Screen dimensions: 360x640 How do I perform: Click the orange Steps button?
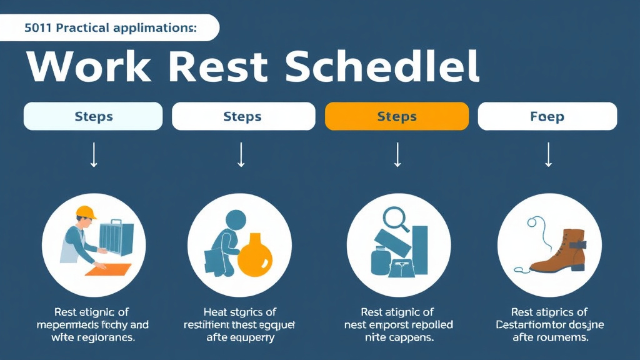click(x=397, y=116)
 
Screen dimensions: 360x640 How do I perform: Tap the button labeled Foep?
click(x=547, y=116)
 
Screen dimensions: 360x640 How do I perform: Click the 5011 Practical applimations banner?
click(x=109, y=27)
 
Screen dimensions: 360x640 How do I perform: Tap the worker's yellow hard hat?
click(x=86, y=212)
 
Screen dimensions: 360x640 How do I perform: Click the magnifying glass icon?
click(x=394, y=219)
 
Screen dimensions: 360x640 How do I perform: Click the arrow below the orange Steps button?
click(x=397, y=155)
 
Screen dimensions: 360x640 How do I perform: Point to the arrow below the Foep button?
click(x=548, y=155)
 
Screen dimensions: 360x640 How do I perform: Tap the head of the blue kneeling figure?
click(x=236, y=220)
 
